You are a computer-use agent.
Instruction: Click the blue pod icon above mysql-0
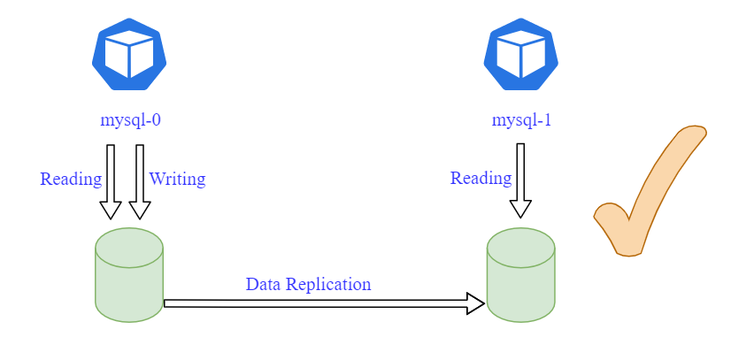[129, 55]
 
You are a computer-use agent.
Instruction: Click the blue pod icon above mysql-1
[521, 55]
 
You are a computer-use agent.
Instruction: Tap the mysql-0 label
[130, 120]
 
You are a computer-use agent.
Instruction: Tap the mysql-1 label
[522, 120]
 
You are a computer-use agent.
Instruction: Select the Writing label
[177, 179]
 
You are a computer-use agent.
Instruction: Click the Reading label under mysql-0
[71, 179]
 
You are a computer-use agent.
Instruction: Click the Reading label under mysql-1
[481, 178]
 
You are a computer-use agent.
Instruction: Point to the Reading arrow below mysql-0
[111, 180]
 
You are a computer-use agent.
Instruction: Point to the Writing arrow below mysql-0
[139, 180]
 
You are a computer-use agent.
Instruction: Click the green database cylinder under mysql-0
[129, 275]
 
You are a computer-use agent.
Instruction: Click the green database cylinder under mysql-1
[521, 275]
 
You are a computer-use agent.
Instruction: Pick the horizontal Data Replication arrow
[319, 303]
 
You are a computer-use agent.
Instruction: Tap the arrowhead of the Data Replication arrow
[476, 303]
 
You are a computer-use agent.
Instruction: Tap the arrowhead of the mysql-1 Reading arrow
[520, 209]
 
